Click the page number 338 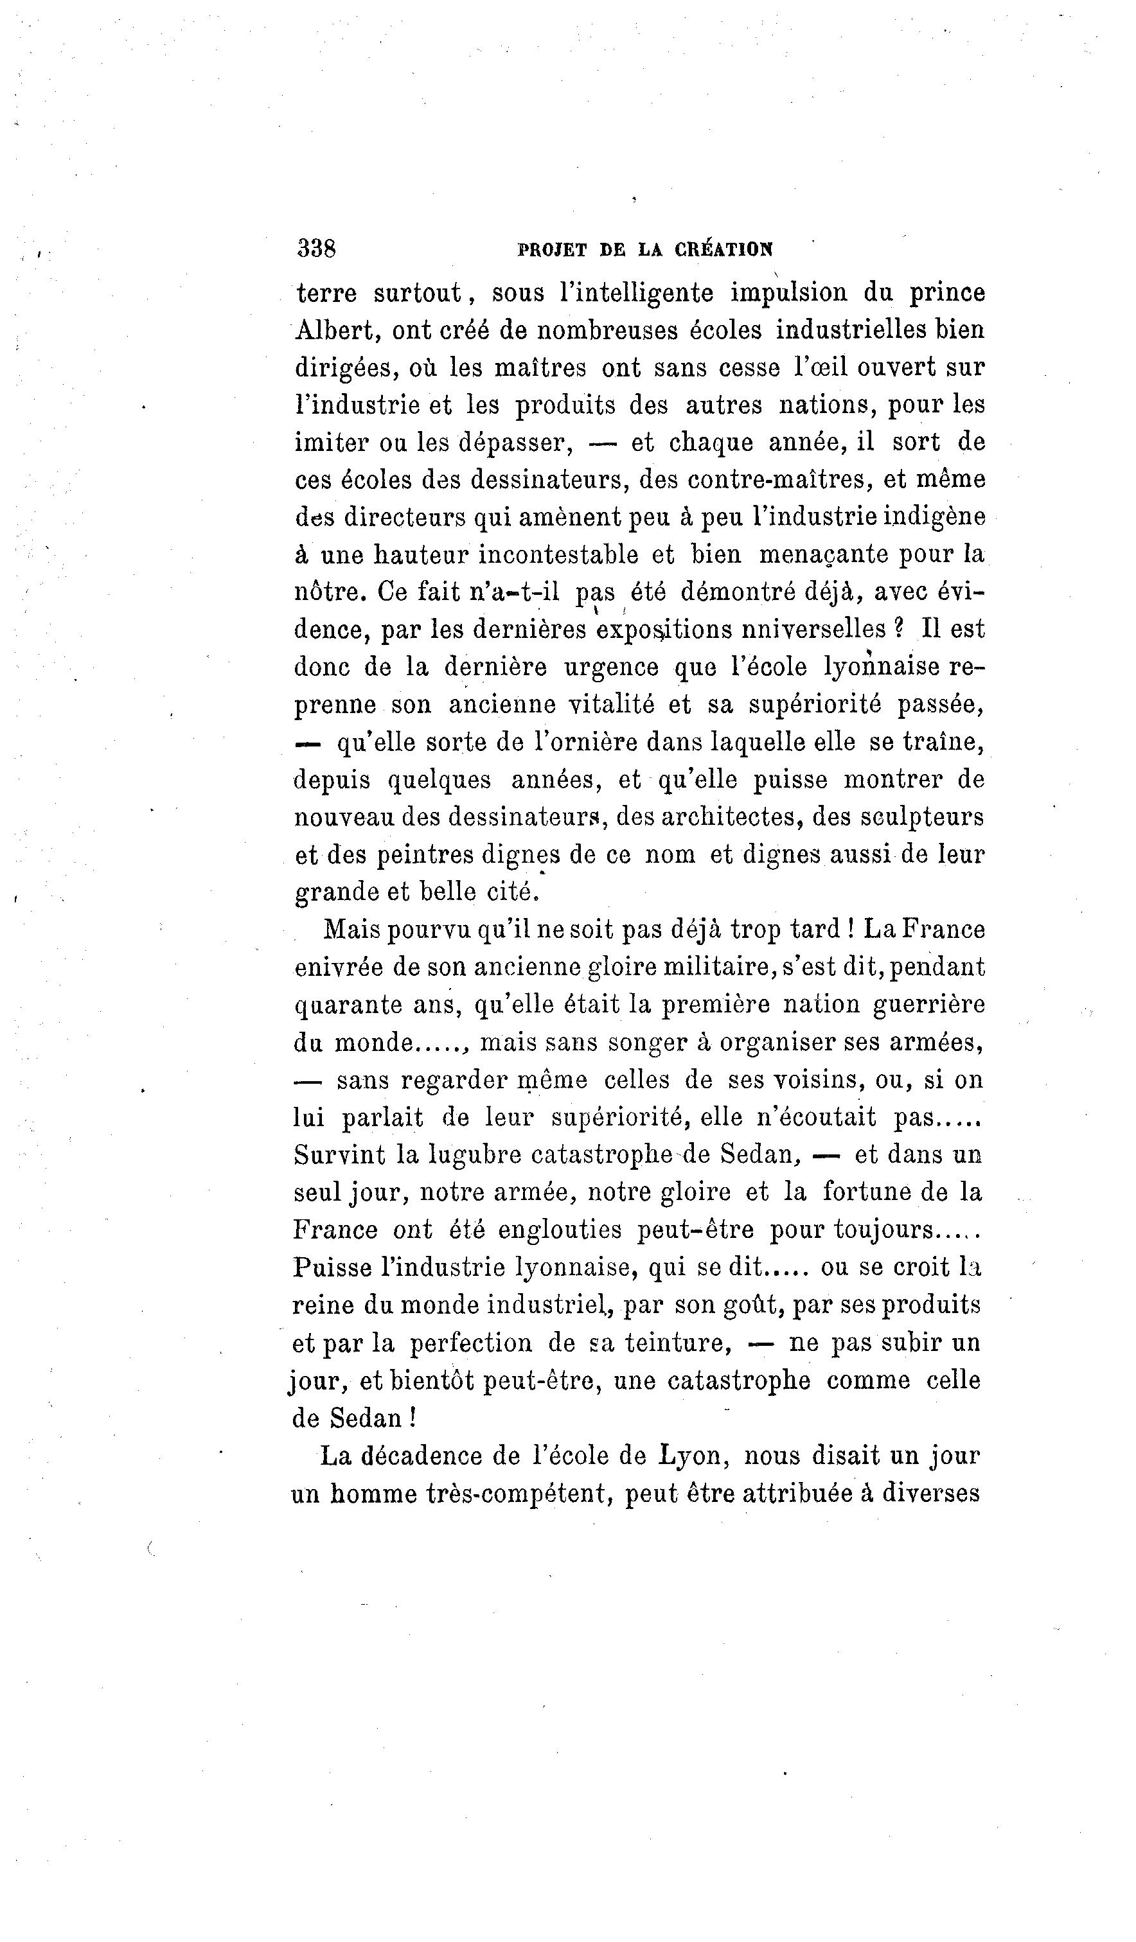316,248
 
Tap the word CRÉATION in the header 723,250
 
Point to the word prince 946,293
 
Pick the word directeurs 405,517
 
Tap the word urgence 611,667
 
